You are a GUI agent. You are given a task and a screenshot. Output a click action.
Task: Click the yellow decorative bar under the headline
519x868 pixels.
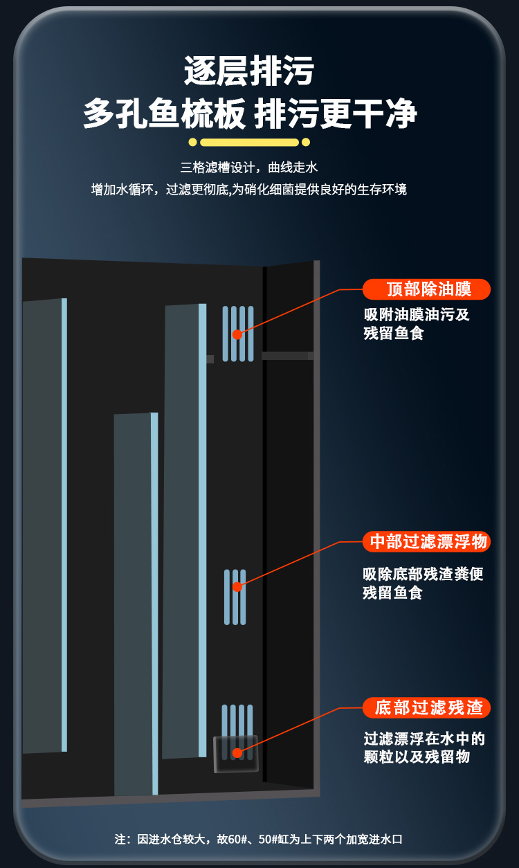pos(249,143)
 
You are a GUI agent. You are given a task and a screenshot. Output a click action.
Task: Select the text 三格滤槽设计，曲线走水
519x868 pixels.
pos(249,168)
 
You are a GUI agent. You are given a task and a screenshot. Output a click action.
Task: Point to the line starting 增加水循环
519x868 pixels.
pos(249,190)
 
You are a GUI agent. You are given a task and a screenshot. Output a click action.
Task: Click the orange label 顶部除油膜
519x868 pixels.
pos(427,289)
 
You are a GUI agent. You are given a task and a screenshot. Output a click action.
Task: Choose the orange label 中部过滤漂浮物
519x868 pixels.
pos(427,541)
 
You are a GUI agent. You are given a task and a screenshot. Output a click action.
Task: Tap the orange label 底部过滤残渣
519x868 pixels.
pos(427,707)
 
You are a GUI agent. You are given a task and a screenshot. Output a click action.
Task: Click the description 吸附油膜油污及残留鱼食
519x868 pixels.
pos(417,324)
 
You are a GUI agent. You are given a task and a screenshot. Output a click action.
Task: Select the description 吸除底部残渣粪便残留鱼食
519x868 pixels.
pos(422,584)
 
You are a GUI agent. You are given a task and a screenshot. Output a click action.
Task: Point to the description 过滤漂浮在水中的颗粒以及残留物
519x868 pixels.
pos(424,748)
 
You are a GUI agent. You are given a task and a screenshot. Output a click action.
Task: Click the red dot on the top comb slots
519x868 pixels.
pos(237,334)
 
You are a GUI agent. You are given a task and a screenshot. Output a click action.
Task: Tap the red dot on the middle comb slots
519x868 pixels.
pos(237,587)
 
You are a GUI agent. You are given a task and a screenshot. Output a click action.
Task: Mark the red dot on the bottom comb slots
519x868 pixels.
pos(237,753)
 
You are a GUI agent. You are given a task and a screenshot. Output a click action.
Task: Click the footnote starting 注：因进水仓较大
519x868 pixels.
pos(259,839)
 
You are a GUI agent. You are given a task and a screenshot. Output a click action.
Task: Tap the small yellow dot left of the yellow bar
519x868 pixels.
pos(193,143)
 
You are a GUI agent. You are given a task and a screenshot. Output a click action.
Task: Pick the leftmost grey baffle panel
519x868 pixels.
pos(43,526)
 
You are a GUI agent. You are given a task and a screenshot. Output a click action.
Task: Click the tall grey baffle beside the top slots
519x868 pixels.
pos(183,530)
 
